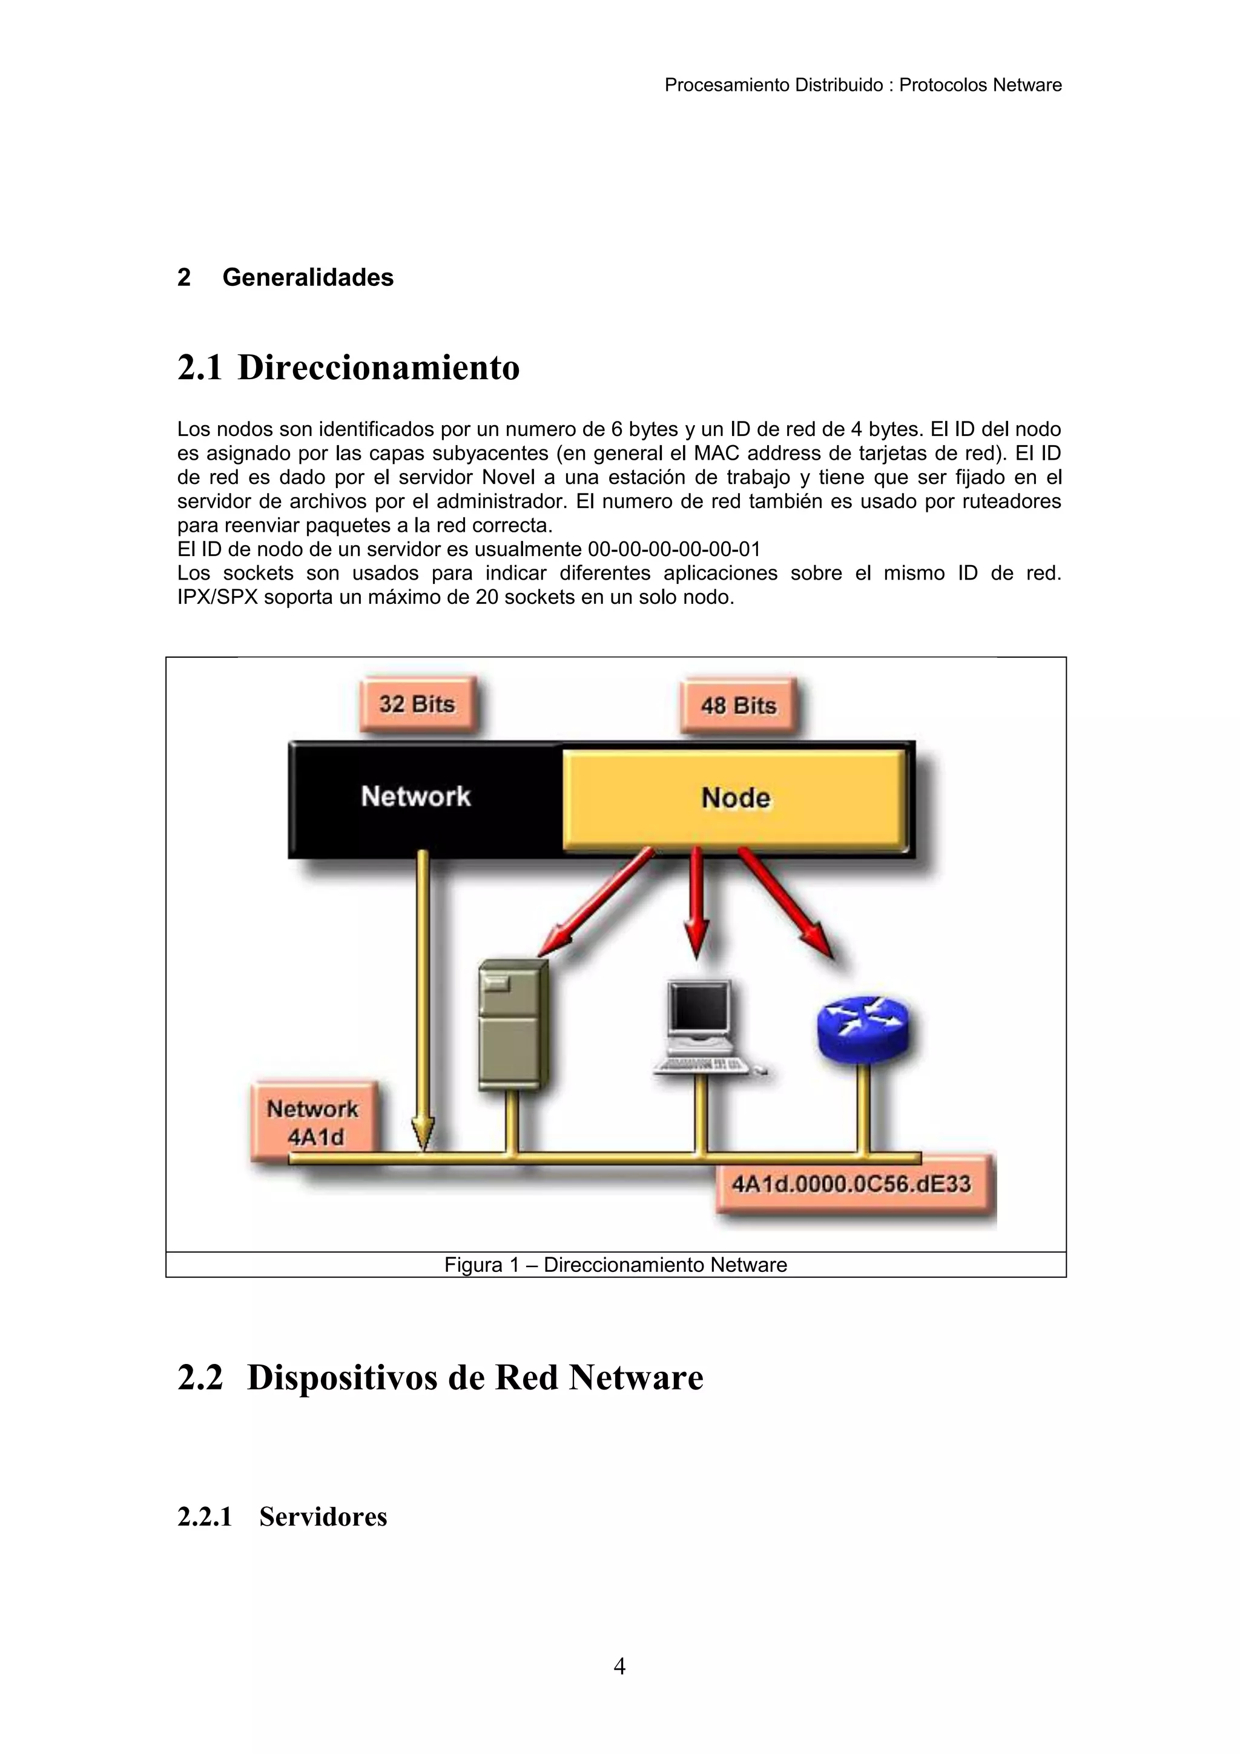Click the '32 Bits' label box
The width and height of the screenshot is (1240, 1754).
417,704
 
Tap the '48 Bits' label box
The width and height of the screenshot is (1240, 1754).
738,705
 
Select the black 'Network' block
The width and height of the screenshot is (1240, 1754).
416,797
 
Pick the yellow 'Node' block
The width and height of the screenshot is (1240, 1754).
735,798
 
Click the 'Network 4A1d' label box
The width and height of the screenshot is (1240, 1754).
313,1122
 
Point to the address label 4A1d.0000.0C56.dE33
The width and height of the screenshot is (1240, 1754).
851,1184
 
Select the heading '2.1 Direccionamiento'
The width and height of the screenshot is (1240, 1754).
348,368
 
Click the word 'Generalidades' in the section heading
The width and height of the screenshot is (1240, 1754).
308,277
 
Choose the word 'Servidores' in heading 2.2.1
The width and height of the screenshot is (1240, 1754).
323,1517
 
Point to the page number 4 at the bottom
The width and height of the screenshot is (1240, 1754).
619,1666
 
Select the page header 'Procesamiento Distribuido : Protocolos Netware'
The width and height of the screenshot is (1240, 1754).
863,85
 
